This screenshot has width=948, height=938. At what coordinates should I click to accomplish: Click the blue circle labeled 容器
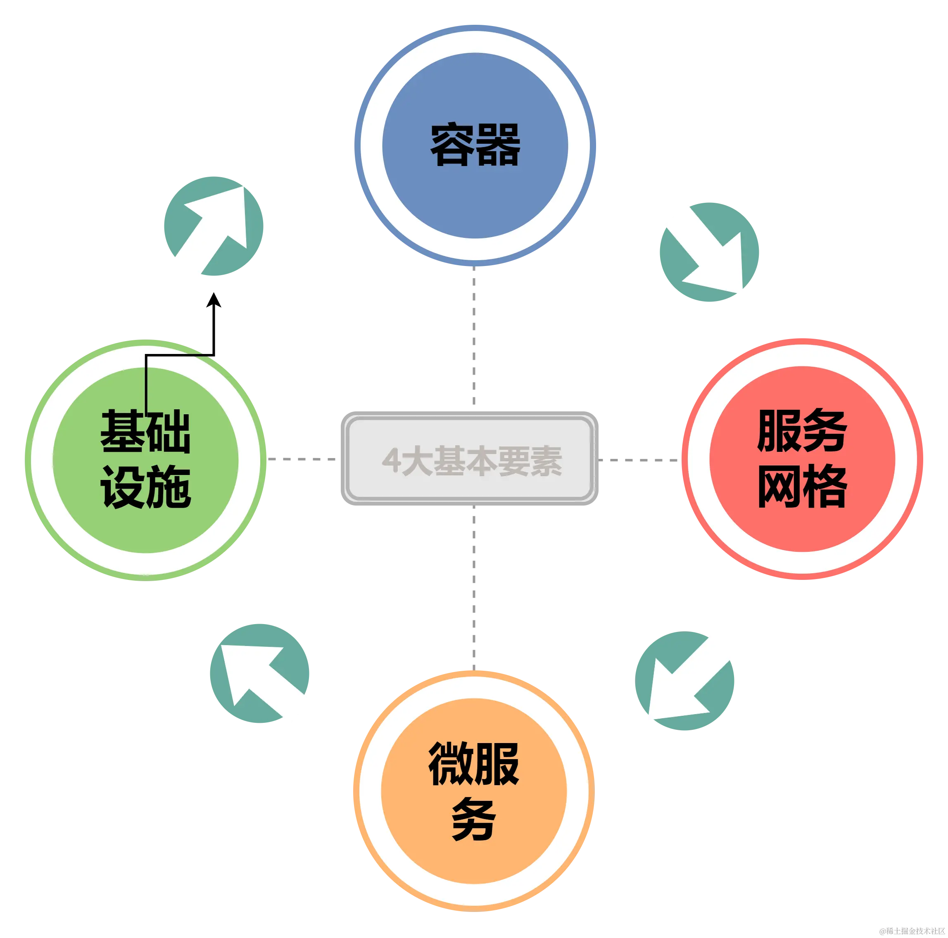click(475, 145)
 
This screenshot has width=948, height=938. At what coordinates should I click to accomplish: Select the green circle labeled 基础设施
click(145, 460)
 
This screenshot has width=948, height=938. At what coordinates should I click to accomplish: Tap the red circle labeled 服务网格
click(802, 459)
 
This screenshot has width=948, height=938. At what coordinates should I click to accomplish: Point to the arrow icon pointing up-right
click(214, 227)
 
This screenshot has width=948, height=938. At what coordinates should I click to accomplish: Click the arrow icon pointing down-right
click(708, 252)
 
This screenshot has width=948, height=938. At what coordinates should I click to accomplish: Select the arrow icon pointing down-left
click(685, 682)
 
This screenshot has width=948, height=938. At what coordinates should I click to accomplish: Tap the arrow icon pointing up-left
click(259, 673)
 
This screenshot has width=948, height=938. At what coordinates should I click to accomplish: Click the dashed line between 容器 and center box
click(474, 339)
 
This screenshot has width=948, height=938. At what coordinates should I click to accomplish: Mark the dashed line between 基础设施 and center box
click(303, 459)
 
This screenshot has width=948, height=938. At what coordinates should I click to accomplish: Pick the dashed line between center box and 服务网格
click(639, 459)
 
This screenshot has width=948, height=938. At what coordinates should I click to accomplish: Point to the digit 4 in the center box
click(392, 461)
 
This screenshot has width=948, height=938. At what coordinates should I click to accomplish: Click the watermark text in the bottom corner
click(912, 930)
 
